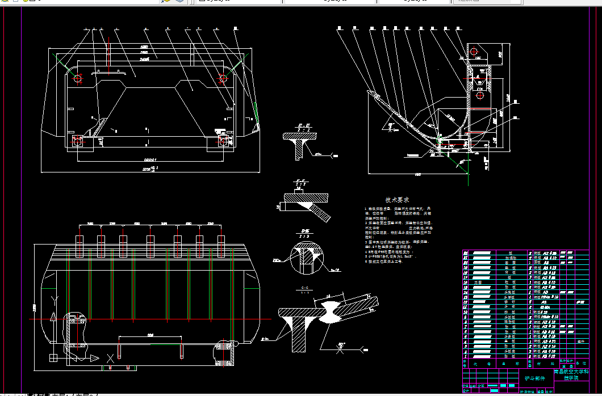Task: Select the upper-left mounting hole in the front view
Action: [77, 79]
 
